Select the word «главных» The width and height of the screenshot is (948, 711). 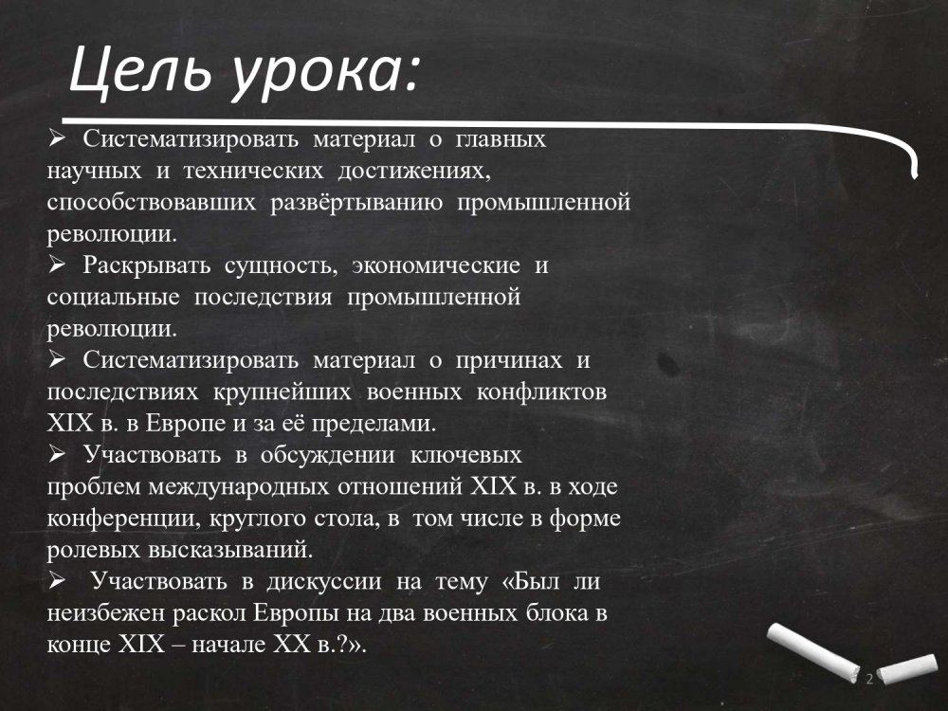pyautogui.click(x=501, y=139)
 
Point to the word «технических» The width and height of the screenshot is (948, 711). pyautogui.click(x=253, y=171)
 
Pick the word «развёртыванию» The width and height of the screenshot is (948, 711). pyautogui.click(x=355, y=203)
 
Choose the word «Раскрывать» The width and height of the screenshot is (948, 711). pyautogui.click(x=146, y=266)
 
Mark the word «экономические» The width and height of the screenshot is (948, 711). pyautogui.click(x=435, y=266)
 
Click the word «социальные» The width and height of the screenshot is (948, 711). pyautogui.click(x=113, y=298)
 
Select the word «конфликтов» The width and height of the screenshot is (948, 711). pyautogui.click(x=541, y=392)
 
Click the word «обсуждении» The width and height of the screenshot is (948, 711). pyautogui.click(x=328, y=456)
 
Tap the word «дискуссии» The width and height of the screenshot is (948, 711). pyautogui.click(x=324, y=582)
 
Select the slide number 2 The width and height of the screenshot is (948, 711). pyautogui.click(x=869, y=679)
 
